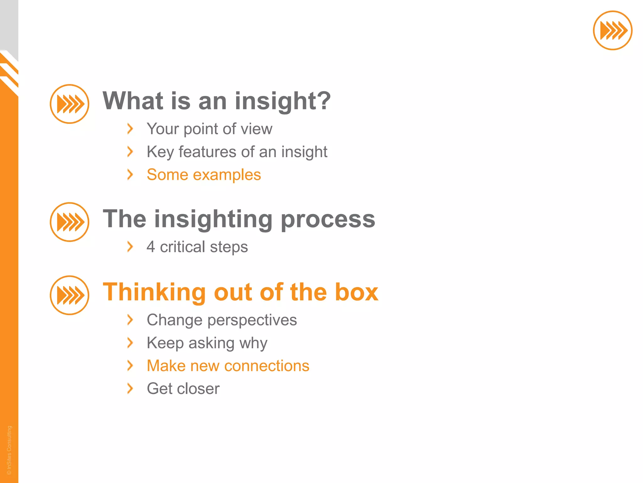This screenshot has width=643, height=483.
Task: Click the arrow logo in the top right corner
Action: pyautogui.click(x=612, y=31)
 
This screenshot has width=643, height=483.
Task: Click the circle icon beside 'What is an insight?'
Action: pyautogui.click(x=69, y=104)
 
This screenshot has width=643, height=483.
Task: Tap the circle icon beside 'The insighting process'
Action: pyautogui.click(x=69, y=222)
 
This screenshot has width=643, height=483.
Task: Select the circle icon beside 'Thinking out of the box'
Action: pyautogui.click(x=69, y=295)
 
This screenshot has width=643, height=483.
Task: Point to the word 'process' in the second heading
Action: pyautogui.click(x=328, y=219)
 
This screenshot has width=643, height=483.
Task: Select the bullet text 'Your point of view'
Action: pyautogui.click(x=209, y=129)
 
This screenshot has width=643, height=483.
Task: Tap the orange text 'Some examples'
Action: pyautogui.click(x=204, y=175)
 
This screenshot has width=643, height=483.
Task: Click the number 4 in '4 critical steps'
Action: pyautogui.click(x=151, y=247)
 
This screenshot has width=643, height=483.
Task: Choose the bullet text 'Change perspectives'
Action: pyautogui.click(x=222, y=320)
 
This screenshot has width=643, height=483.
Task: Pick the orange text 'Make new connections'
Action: pyautogui.click(x=228, y=366)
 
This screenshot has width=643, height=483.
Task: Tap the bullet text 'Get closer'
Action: pyautogui.click(x=183, y=389)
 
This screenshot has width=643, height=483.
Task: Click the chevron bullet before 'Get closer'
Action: pyautogui.click(x=130, y=388)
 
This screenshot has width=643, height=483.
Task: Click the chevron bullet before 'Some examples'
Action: pyautogui.click(x=130, y=175)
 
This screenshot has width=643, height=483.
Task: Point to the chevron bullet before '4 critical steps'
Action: pyautogui.click(x=130, y=247)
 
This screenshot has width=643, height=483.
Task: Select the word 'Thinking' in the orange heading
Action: pyautogui.click(x=154, y=292)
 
